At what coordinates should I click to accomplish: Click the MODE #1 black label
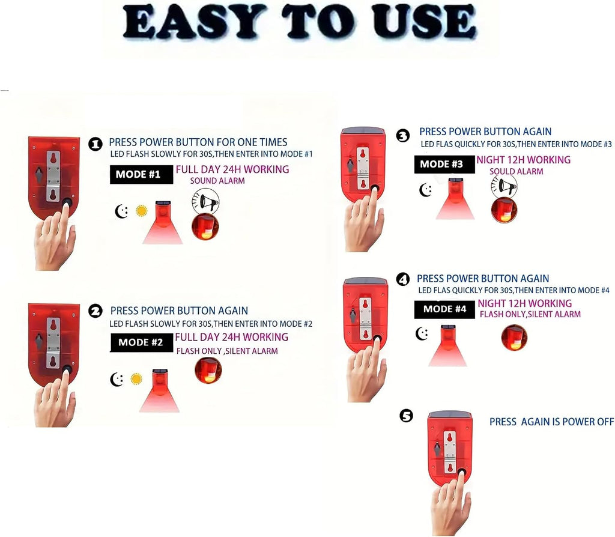tap(141, 174)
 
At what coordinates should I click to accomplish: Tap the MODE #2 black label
tap(142, 342)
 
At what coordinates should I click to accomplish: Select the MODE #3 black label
tap(444, 164)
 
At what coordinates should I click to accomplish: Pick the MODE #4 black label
tap(445, 309)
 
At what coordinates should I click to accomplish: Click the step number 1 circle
tap(95, 144)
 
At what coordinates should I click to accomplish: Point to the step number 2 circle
tap(95, 312)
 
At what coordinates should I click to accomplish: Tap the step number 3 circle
tap(403, 136)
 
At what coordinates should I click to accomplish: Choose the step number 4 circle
tap(403, 280)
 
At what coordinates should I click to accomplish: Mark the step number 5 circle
tap(407, 416)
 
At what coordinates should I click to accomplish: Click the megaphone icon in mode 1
tap(205, 202)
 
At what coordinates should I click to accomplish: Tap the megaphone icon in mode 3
tap(504, 186)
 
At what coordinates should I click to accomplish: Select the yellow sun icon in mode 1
tap(142, 211)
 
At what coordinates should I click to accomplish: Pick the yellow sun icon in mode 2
tap(136, 379)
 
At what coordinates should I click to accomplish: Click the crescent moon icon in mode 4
tap(422, 333)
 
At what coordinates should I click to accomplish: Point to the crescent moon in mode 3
tap(426, 190)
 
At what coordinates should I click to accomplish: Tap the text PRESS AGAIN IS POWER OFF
tap(551, 422)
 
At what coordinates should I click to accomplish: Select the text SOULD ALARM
tap(516, 171)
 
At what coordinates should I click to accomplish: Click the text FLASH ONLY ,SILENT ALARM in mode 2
tap(227, 351)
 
